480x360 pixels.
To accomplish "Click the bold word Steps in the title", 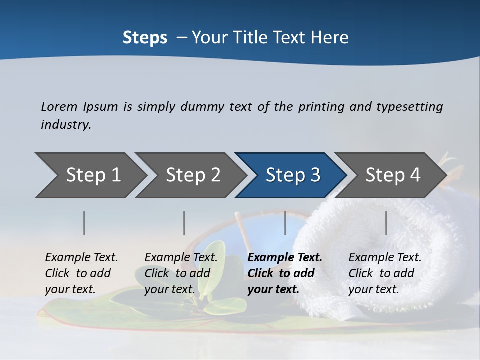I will click(x=145, y=38).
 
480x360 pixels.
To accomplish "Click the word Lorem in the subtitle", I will click(x=59, y=106).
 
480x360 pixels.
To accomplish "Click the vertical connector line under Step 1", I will click(x=84, y=223).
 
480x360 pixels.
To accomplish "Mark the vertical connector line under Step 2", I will click(x=184, y=223).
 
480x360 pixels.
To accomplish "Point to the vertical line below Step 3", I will click(x=285, y=223).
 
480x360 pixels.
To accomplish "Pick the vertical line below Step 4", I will click(x=386, y=223).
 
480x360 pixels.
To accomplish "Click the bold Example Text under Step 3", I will click(x=285, y=258).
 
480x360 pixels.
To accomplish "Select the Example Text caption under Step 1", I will click(x=81, y=258).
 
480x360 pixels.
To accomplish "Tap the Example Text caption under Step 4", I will click(x=385, y=258).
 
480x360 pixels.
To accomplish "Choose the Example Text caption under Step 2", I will click(x=181, y=258).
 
